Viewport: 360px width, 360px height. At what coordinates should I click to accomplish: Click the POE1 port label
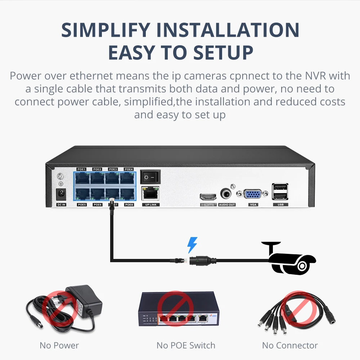tap(81, 169)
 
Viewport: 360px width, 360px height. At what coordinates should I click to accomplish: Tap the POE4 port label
tap(129, 169)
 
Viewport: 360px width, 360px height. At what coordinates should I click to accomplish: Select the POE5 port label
tap(81, 205)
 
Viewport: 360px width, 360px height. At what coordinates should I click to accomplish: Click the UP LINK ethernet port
tap(150, 193)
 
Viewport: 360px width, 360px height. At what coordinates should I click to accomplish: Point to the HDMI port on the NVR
tap(208, 197)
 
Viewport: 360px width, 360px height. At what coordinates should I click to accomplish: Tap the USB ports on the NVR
tap(280, 191)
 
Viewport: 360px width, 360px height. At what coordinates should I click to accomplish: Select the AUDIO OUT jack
tap(227, 195)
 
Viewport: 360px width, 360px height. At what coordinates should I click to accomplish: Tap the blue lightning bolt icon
tap(192, 245)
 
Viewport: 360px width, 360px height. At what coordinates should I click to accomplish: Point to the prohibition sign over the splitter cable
tap(297, 307)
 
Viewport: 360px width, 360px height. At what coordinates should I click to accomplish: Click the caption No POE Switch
tap(186, 346)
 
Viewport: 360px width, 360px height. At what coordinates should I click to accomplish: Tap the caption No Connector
tap(290, 346)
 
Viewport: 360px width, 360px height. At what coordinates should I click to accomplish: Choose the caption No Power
tap(59, 346)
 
